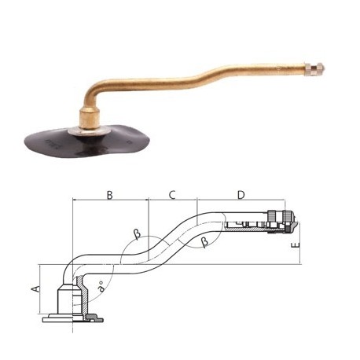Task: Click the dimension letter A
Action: point(35,289)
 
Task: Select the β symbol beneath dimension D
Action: point(205,243)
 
